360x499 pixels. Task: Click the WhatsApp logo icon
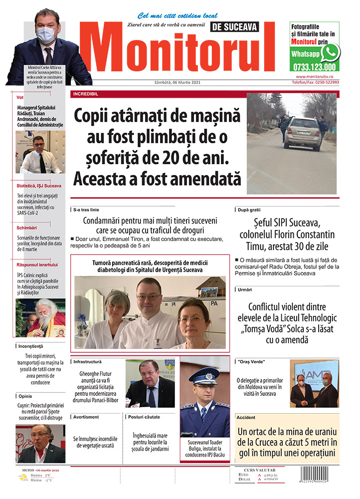click(330, 52)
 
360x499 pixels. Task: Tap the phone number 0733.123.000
click(315, 66)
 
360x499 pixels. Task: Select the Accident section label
click(246, 417)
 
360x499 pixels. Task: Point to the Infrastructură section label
click(87, 361)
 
